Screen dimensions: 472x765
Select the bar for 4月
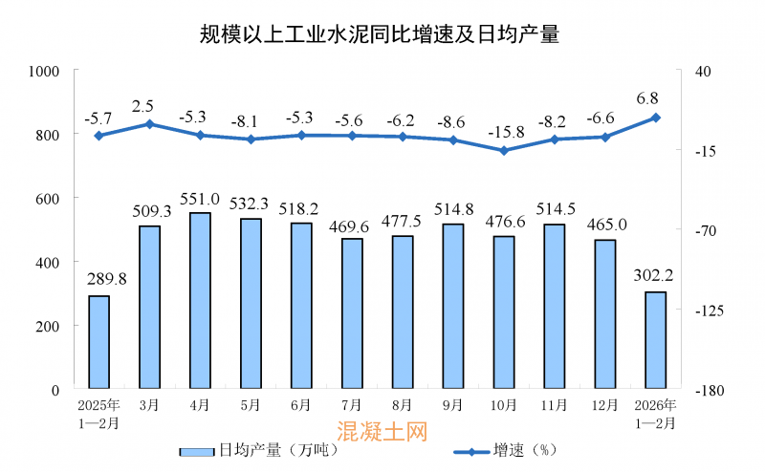(x=200, y=300)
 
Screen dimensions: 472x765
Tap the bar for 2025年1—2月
(x=98, y=342)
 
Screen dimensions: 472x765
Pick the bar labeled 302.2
(x=655, y=340)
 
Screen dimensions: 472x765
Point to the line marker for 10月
(x=504, y=150)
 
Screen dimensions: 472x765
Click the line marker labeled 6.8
(x=655, y=118)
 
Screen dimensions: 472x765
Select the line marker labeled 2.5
(x=149, y=123)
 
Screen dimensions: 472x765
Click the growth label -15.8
(x=504, y=130)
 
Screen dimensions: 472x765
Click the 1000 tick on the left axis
(x=45, y=71)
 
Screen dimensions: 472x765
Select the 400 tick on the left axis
(x=49, y=262)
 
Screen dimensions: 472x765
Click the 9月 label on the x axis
(x=453, y=405)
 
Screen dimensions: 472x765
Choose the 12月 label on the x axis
(x=604, y=405)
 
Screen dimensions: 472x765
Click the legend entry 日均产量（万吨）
(x=258, y=450)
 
